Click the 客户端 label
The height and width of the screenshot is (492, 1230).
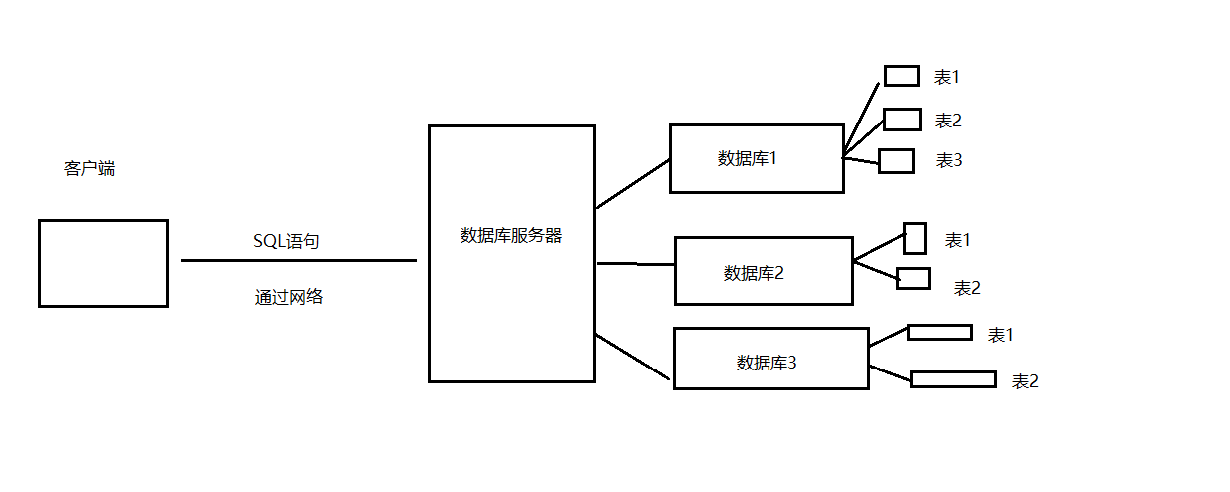point(89,169)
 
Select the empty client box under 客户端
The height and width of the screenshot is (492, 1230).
point(104,263)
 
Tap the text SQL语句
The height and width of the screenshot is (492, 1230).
point(286,241)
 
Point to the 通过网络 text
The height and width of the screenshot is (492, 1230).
point(289,296)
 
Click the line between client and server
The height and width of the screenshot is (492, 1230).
point(299,260)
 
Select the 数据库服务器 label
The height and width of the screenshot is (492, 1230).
point(510,236)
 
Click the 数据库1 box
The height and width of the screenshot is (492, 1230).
point(756,158)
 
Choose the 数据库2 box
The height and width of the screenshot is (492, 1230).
point(763,271)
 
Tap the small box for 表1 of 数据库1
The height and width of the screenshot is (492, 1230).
point(901,76)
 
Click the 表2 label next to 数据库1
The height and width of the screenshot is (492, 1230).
point(948,121)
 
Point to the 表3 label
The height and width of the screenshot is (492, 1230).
point(948,160)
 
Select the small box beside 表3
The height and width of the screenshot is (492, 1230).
point(896,161)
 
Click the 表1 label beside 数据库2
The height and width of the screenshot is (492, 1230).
point(957,240)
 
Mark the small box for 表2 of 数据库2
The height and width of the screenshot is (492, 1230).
point(913,278)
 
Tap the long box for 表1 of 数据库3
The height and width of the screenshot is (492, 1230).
point(939,332)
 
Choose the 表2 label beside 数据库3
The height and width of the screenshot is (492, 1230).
point(1025,380)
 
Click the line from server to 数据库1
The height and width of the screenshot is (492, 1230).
point(632,183)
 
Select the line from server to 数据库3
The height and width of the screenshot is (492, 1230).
point(632,357)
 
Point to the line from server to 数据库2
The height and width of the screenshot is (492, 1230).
point(635,264)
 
